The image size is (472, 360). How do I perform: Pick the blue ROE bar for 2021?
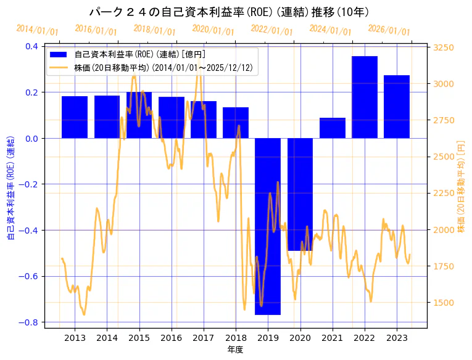tap(333, 128)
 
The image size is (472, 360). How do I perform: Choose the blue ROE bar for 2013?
tap(75, 117)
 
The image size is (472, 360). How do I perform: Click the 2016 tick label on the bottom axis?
tap(171, 338)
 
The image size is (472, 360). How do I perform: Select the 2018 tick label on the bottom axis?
tap(236, 338)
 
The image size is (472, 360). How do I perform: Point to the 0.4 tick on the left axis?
tap(31, 46)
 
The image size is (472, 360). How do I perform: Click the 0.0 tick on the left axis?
tap(31, 138)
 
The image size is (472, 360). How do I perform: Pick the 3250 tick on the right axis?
tap(444, 47)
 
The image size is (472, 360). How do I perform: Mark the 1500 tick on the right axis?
tap(444, 303)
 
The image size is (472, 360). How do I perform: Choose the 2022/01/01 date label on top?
tap(272, 30)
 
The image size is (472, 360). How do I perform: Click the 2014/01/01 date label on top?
tap(38, 30)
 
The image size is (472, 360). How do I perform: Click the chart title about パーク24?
tap(229, 12)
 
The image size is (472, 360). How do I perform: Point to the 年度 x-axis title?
tap(236, 350)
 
